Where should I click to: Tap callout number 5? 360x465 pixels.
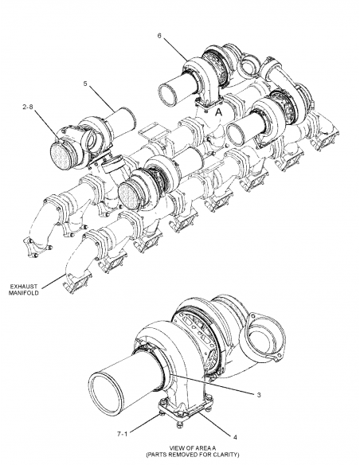click(x=85, y=84)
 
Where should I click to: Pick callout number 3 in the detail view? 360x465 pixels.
click(x=257, y=394)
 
